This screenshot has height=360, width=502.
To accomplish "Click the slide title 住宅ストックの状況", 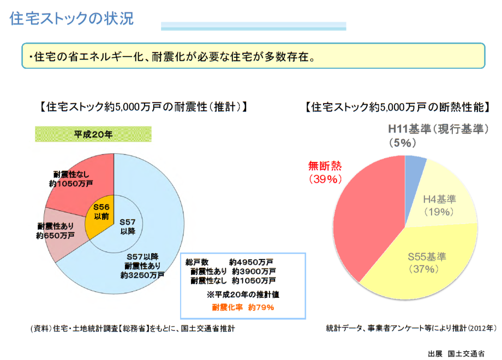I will coord(71,18).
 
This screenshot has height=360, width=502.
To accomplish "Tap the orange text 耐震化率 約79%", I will coord(243,307).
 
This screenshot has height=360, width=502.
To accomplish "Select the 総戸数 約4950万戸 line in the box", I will coord(230,261).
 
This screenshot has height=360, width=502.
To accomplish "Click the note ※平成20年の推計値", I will coord(243,295).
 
